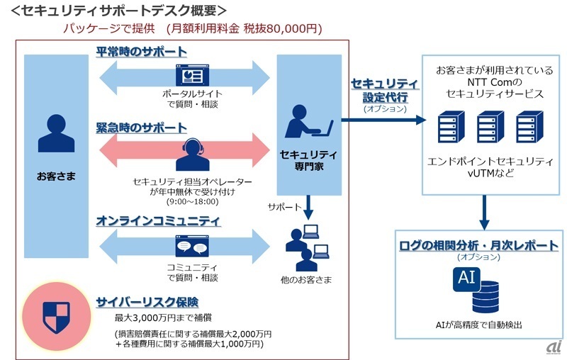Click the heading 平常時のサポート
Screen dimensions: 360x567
click(142, 52)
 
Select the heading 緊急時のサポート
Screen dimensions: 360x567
click(142, 128)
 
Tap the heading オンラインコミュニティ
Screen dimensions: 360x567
click(157, 220)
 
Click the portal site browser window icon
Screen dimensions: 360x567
click(189, 75)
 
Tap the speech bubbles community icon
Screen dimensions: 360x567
click(189, 246)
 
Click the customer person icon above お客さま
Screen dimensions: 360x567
click(55, 134)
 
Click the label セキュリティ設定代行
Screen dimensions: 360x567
click(385, 90)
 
